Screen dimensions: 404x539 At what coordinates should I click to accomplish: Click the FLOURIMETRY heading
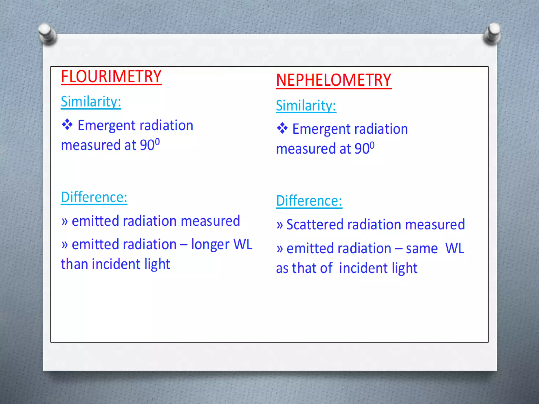click(x=111, y=77)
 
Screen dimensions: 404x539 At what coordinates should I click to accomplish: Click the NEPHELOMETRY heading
click(x=333, y=80)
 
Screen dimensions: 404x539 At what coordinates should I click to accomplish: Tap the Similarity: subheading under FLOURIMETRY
click(x=91, y=102)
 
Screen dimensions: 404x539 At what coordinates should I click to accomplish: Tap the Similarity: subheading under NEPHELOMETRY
click(x=306, y=105)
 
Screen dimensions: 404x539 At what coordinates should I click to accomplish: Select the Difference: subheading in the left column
click(x=94, y=197)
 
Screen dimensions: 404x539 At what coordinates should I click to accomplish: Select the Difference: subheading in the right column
click(x=309, y=201)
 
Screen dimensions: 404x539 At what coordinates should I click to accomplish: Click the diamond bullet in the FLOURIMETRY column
click(x=67, y=125)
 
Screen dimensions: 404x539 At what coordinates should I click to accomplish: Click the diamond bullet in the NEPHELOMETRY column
click(x=282, y=128)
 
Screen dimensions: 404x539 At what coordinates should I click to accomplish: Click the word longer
click(x=210, y=245)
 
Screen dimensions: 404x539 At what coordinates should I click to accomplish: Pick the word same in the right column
click(x=422, y=249)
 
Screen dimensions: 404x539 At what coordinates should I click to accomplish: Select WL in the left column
click(x=243, y=244)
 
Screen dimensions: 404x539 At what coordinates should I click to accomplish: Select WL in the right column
click(x=455, y=248)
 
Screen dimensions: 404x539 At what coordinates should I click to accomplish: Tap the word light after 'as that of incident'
click(x=405, y=268)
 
